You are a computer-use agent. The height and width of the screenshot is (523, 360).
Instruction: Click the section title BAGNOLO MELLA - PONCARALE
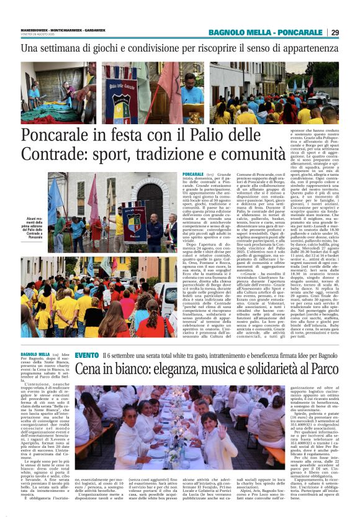(274, 32)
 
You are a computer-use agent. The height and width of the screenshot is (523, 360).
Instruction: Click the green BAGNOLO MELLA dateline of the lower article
(35, 355)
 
